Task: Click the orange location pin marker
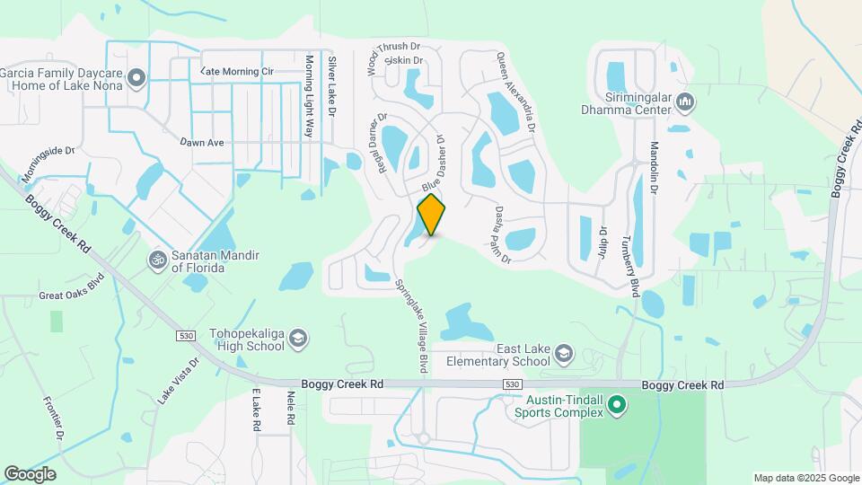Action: pyautogui.click(x=432, y=214)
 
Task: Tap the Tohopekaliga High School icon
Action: pyautogui.click(x=298, y=339)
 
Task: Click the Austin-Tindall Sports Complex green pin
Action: pyautogui.click(x=616, y=405)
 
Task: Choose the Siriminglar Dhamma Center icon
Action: pyautogui.click(x=684, y=101)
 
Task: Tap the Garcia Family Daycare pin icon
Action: pyautogui.click(x=136, y=79)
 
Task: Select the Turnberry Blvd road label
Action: pyautogui.click(x=635, y=267)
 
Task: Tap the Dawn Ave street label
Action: pyautogui.click(x=200, y=142)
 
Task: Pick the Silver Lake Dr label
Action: pyautogui.click(x=331, y=86)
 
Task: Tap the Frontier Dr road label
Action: pyautogui.click(x=54, y=419)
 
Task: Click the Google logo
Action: pyautogui.click(x=31, y=473)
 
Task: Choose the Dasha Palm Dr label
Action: pyautogui.click(x=502, y=234)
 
